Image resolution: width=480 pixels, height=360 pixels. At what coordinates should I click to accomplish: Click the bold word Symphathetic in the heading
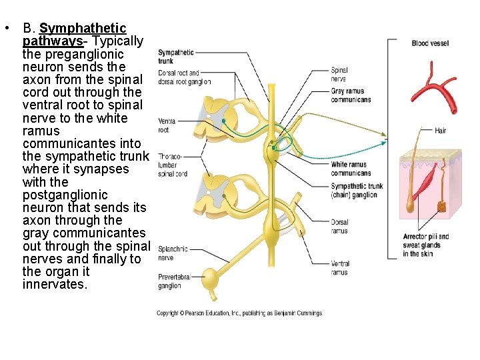[83, 28]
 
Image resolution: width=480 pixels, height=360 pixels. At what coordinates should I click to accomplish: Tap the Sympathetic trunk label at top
[176, 56]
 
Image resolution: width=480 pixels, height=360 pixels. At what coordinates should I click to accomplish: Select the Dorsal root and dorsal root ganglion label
[184, 77]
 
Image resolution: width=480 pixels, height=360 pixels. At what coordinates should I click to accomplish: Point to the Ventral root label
[167, 126]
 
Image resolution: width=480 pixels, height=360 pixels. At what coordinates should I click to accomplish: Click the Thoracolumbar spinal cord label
[172, 165]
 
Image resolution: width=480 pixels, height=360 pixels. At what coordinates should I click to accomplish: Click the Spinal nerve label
[339, 74]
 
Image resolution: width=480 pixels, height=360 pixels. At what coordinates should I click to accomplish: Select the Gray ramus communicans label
[351, 95]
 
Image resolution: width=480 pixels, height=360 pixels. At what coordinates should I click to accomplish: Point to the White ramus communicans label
[351, 169]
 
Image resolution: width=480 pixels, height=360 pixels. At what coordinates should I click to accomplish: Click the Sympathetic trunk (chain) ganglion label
[357, 191]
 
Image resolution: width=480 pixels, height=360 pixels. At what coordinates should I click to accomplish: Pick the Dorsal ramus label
[339, 227]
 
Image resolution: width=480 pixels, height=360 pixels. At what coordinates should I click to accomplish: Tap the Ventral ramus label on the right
[340, 268]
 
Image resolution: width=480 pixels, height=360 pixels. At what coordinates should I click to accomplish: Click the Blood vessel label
[430, 43]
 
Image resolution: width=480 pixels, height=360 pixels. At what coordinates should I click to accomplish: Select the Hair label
[440, 131]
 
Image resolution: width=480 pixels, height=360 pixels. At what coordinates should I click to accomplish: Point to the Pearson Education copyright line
[239, 313]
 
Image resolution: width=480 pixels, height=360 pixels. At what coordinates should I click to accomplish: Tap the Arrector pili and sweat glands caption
[426, 245]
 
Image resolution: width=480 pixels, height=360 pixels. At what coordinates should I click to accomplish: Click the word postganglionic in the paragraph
[65, 195]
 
